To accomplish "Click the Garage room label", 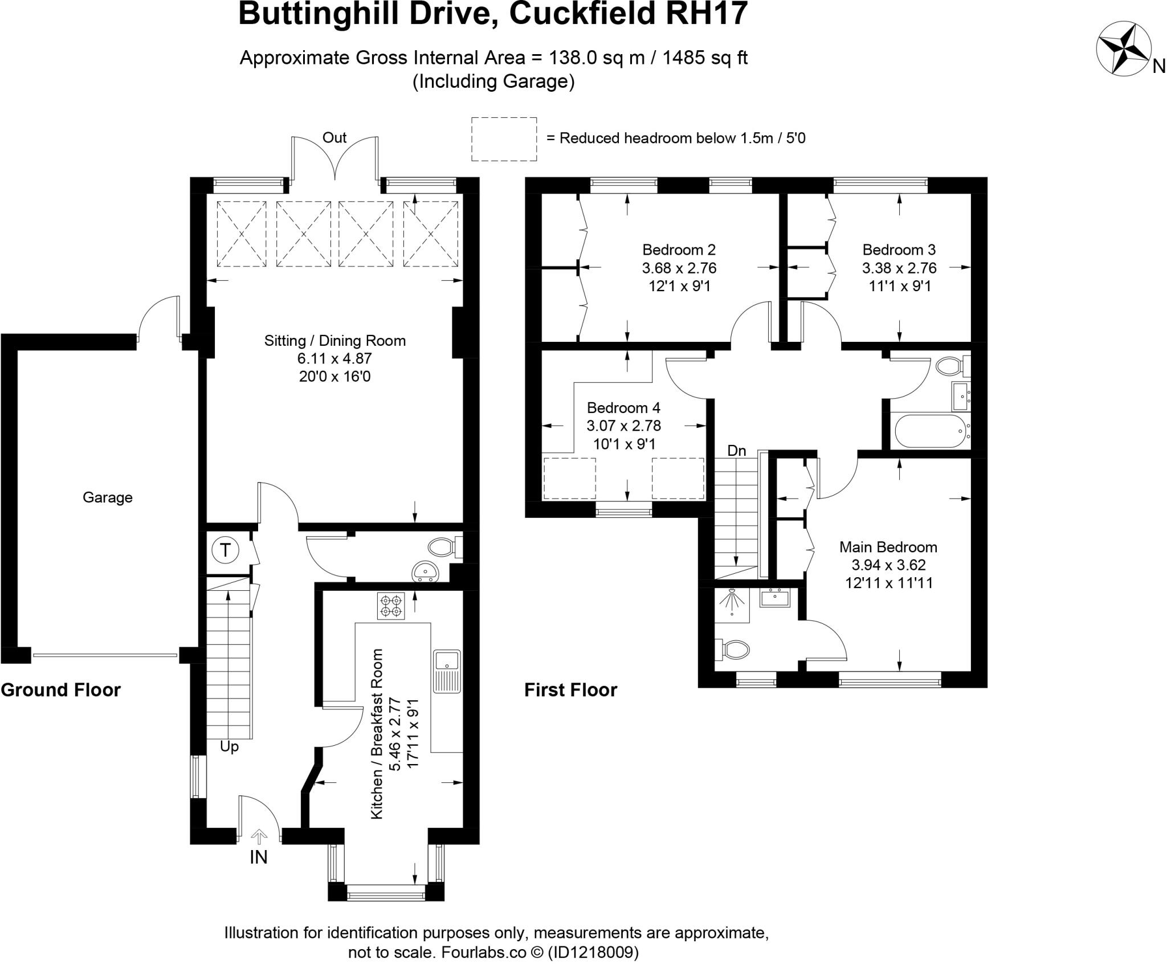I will (107, 497).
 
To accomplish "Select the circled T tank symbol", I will (225, 550).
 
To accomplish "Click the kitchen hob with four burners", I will (390, 606).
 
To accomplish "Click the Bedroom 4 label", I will (623, 408).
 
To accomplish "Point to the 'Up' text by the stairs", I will (229, 746).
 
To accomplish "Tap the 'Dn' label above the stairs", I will (736, 451).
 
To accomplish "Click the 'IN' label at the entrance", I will (258, 857).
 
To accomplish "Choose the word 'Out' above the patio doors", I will (334, 137).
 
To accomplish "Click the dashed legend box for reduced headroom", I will (504, 139).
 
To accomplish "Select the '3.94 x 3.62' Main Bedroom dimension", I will (888, 565).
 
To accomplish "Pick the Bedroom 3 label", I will (899, 250).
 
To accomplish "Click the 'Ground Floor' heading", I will (61, 690).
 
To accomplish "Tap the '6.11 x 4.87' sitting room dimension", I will (334, 358).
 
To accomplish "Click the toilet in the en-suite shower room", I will (734, 649).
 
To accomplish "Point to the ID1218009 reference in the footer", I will (593, 952).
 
